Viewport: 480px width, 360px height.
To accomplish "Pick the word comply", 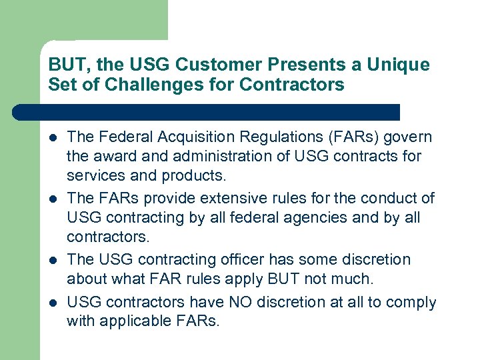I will click(413, 302).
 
